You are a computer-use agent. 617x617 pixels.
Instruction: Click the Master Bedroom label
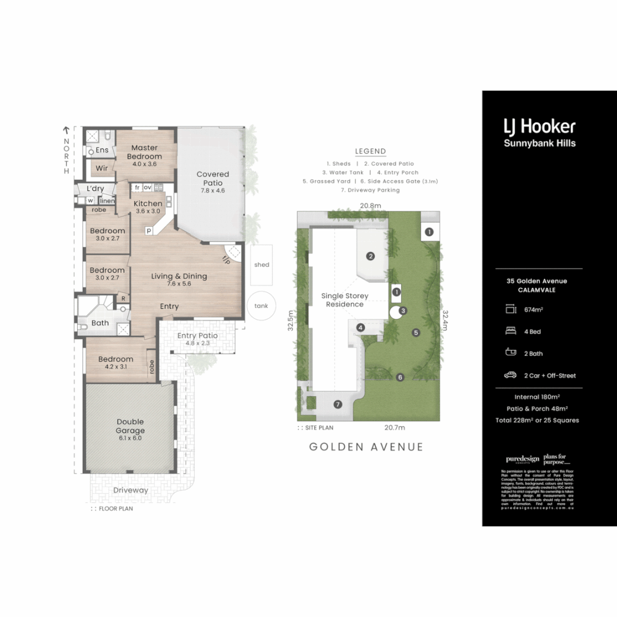tap(144, 152)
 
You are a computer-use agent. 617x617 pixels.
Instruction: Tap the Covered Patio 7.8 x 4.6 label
tap(213, 178)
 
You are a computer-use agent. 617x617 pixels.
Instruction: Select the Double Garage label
tap(130, 426)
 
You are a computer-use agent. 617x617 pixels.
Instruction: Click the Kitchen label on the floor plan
tap(148, 203)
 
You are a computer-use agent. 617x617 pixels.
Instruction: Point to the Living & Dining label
tap(179, 276)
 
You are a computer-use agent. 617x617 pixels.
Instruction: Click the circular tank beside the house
tap(261, 306)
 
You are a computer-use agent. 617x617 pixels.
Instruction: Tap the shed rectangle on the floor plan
tap(262, 265)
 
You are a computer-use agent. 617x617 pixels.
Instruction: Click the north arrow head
tap(66, 130)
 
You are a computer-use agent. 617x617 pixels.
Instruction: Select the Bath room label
tap(100, 323)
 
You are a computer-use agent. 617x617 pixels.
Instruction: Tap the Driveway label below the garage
tap(130, 490)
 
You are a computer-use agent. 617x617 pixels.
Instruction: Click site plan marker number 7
tap(338, 404)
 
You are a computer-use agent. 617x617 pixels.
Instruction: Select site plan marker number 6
tap(400, 377)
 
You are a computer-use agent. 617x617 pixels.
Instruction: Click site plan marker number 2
tap(370, 256)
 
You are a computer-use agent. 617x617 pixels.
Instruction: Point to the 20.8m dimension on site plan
tap(370, 206)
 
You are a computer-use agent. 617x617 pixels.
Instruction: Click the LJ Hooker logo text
tap(539, 127)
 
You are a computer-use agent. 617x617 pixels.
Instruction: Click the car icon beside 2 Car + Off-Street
tap(510, 375)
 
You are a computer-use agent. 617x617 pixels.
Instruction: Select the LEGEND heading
tap(370, 151)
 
